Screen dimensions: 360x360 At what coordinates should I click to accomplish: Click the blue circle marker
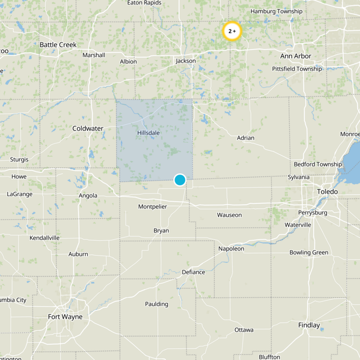180,180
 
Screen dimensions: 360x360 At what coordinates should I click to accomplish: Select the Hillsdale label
148,133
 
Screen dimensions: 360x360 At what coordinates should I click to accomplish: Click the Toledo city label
327,192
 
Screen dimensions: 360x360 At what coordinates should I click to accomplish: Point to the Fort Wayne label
65,317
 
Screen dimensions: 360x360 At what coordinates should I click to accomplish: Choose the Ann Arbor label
296,56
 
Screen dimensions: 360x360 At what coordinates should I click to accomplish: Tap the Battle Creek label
58,45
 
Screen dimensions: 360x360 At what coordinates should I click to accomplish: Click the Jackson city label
186,61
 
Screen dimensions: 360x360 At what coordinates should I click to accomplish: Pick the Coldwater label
88,128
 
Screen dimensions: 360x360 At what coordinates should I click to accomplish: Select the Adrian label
246,138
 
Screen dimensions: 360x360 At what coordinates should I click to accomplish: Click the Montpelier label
153,207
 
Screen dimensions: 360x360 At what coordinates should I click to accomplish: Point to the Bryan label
161,230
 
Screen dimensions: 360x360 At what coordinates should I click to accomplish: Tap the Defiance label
193,272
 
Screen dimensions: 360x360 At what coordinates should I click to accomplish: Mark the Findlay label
309,325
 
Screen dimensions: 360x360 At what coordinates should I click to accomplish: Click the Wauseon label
229,215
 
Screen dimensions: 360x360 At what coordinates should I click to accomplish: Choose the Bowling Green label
309,252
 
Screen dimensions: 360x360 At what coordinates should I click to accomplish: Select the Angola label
88,196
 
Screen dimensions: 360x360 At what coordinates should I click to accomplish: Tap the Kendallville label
45,238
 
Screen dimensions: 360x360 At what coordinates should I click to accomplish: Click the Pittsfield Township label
297,69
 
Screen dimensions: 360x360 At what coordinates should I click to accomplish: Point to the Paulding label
157,304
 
